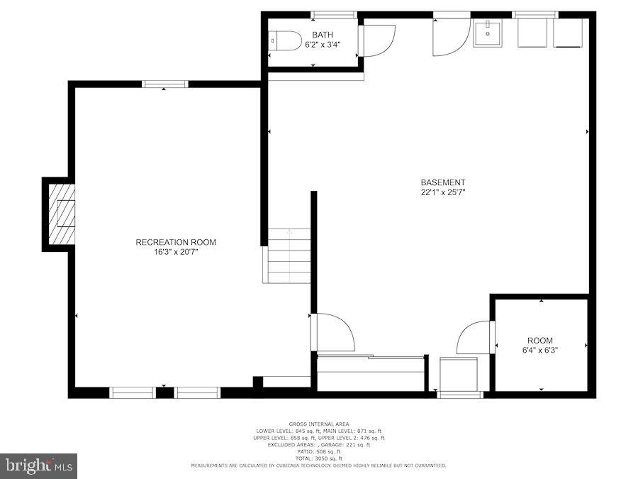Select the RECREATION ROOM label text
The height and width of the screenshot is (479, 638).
tap(176, 242)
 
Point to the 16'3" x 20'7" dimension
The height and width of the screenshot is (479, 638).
tap(176, 252)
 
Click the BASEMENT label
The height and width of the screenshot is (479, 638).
tap(442, 182)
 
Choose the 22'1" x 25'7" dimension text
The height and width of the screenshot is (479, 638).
tap(442, 192)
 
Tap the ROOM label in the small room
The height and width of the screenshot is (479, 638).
tap(539, 341)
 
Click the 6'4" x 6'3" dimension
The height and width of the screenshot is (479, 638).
tap(539, 350)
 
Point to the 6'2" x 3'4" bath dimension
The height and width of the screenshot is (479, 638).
tap(323, 45)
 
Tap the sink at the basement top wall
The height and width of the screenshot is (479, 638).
tap(487, 33)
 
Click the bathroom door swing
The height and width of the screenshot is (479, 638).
tap(377, 40)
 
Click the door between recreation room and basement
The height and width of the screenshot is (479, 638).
tap(333, 332)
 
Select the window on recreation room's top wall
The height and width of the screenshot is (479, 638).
tap(165, 84)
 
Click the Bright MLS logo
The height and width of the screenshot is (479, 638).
tap(39, 466)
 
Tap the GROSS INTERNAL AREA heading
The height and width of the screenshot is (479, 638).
tap(318, 424)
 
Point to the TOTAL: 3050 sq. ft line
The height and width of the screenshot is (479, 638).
tap(318, 458)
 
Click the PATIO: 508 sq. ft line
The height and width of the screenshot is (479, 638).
tap(318, 451)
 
